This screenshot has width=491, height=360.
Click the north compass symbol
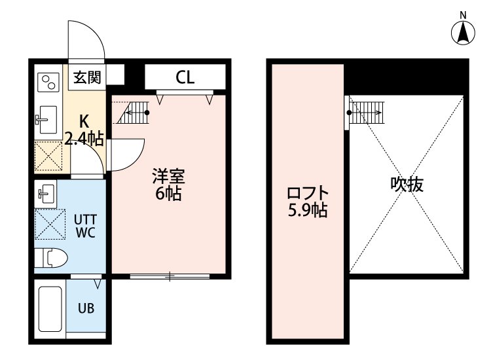click(x=464, y=31)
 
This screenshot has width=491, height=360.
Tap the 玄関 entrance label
click(x=86, y=78)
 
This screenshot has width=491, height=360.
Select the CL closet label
click(x=185, y=78)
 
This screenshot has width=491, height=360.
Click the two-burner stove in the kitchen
click(x=48, y=82)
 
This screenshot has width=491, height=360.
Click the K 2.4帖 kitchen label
click(x=84, y=130)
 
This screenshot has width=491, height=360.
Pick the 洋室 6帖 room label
click(x=168, y=185)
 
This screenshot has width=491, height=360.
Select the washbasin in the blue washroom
click(x=46, y=194)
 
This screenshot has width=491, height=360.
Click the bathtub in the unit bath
click(x=49, y=308)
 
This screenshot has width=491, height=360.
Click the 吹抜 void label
click(x=407, y=185)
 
